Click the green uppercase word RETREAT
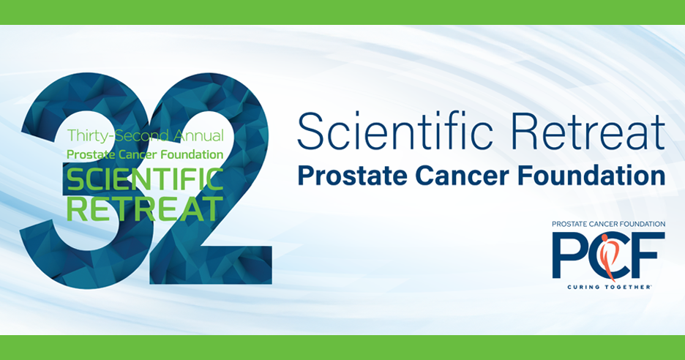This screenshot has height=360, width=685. click(x=144, y=208)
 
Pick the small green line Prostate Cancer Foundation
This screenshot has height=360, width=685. click(x=144, y=154)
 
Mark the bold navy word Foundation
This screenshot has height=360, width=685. click(x=596, y=176)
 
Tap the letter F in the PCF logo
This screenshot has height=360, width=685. click(x=648, y=256)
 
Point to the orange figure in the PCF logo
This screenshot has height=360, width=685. click(x=609, y=256)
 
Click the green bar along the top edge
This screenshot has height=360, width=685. click(x=342, y=12)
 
